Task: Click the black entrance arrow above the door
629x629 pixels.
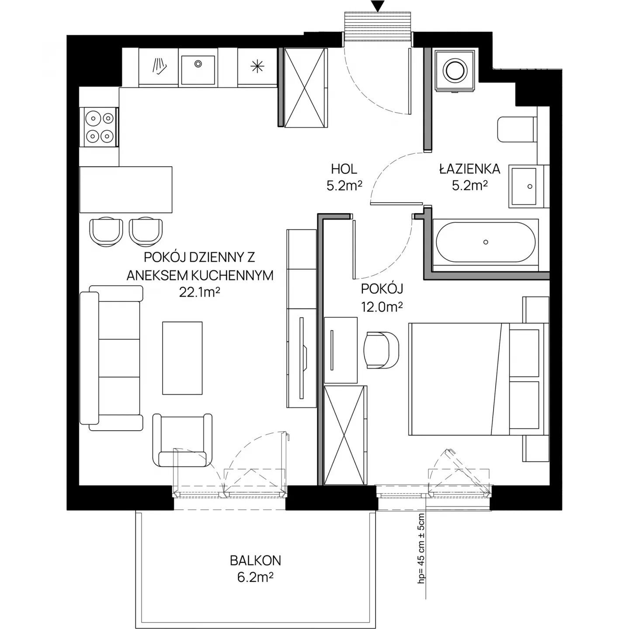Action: [378, 6]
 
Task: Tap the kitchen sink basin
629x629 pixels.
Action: [198, 69]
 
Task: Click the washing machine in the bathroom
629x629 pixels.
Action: [454, 70]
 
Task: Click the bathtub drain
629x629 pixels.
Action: [486, 242]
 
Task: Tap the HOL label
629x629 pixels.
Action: [344, 169]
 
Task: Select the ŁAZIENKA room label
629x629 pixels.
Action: [470, 169]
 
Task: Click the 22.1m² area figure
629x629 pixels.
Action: [200, 292]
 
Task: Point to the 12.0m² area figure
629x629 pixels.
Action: [382, 307]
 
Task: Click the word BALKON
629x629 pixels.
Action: [255, 560]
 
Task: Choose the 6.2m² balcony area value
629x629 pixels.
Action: [255, 577]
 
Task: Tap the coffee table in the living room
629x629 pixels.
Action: [183, 358]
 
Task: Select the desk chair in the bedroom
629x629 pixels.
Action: [382, 350]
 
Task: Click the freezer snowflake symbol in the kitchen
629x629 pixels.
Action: [257, 66]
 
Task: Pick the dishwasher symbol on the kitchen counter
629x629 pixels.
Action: [159, 66]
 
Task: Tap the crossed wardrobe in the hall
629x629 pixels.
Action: [305, 87]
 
